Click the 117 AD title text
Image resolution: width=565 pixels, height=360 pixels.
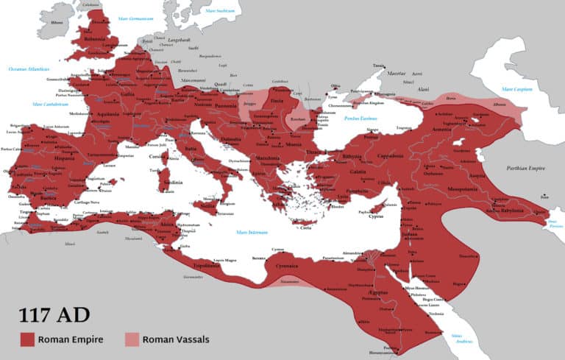point(54,315)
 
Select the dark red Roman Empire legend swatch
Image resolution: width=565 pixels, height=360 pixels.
point(28,339)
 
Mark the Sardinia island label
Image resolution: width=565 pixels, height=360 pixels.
point(171,181)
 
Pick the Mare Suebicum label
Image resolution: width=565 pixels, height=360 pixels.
point(220,12)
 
